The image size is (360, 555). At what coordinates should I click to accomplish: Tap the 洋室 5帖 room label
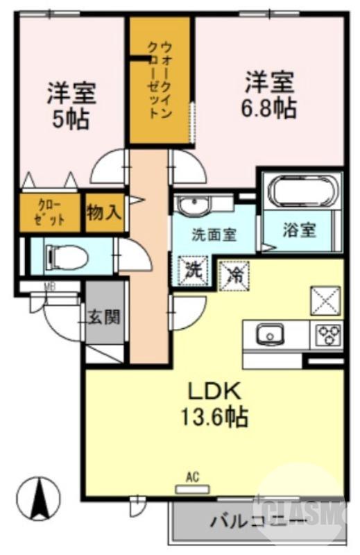[71, 105]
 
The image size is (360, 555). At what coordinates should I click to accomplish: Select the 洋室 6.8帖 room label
[269, 94]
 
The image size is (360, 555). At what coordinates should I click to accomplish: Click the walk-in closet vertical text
[160, 80]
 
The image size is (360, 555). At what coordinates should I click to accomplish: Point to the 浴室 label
[300, 230]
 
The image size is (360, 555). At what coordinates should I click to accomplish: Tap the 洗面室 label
[214, 234]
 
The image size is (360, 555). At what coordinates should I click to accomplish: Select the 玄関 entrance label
[105, 317]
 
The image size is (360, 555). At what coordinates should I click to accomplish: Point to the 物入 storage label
[104, 212]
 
